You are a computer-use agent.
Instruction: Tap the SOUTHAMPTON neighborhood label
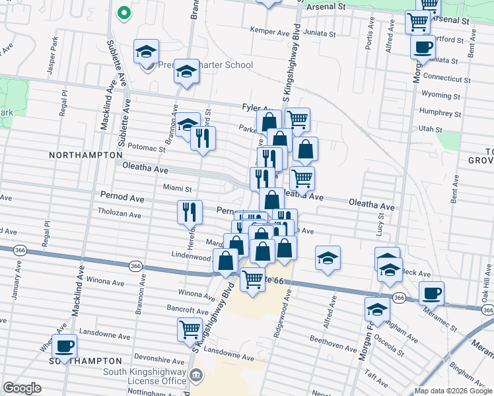[x=86, y=361]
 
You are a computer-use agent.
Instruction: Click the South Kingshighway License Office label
[x=145, y=376]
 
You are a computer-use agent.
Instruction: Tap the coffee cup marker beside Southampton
[x=64, y=345]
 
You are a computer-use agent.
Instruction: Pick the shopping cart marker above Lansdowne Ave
[x=190, y=329]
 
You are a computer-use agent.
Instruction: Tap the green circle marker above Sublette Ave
[x=122, y=13]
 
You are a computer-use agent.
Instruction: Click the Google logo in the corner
[x=22, y=388]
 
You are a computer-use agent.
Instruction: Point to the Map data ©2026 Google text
[x=452, y=391]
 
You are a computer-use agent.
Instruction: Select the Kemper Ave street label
[x=270, y=30]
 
